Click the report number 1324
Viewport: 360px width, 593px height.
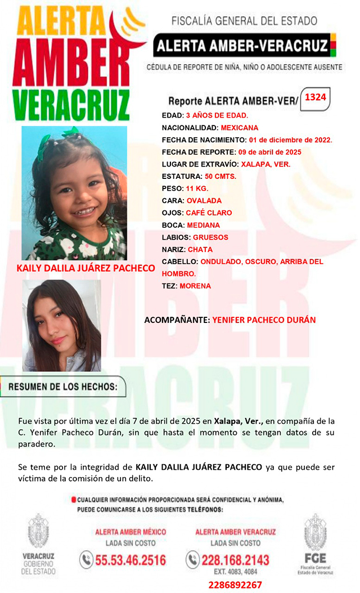(316, 98)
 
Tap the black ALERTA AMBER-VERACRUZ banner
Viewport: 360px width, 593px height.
(241, 46)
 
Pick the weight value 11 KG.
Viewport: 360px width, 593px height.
(201, 189)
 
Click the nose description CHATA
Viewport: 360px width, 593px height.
(200, 249)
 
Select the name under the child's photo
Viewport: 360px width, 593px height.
(85, 268)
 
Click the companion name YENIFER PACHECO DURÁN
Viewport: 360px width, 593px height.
(264, 320)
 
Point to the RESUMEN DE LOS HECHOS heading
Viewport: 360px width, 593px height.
(63, 387)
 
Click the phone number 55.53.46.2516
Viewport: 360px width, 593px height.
(130, 560)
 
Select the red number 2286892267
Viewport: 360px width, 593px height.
(235, 585)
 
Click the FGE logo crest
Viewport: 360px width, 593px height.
(315, 535)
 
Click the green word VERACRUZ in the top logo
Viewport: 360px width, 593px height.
(71, 105)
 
